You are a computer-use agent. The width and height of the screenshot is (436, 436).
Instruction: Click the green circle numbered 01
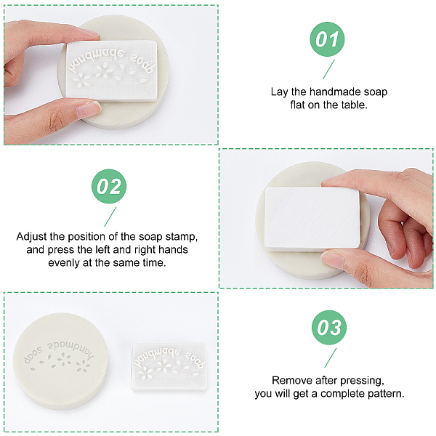click(327, 39)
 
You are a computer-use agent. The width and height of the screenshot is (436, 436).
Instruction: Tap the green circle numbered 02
click(109, 186)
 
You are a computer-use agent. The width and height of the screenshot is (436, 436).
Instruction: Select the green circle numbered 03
click(329, 328)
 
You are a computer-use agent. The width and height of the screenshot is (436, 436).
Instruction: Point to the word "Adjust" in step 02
click(31, 237)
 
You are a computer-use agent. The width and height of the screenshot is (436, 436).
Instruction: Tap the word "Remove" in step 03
click(288, 380)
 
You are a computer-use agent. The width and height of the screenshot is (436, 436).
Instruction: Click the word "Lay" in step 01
click(280, 92)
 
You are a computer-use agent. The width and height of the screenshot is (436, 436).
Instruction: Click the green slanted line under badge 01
click(328, 69)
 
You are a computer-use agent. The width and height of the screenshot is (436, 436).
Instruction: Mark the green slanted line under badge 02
click(110, 217)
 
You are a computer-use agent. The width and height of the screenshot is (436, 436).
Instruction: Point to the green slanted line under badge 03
click(331, 358)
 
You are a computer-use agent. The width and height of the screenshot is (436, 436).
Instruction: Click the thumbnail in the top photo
click(89, 109)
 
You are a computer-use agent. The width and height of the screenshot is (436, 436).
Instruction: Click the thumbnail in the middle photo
click(332, 259)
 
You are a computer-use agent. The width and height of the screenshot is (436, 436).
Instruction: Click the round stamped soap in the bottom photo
click(60, 360)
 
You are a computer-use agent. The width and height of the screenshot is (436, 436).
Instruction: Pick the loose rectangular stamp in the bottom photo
click(169, 366)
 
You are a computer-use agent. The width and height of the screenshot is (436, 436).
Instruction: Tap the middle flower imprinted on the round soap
click(64, 360)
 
